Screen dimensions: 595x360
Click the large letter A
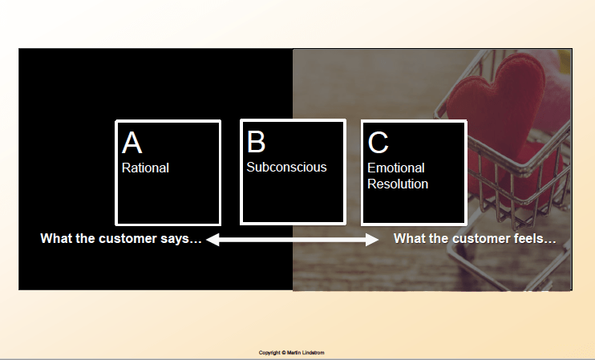[x=132, y=143]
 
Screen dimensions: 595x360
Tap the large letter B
[x=256, y=142]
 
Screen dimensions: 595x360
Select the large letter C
[x=378, y=143]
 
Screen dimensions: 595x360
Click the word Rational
[x=145, y=168]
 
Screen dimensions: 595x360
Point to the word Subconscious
[x=286, y=167]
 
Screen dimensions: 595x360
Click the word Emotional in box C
[x=396, y=168]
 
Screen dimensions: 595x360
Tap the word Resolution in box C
[x=398, y=184]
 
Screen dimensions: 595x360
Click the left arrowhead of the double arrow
[x=212, y=240]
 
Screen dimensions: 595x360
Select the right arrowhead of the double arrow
[x=372, y=240]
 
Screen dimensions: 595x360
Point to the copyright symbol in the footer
[x=283, y=353]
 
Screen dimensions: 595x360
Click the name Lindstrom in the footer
[x=314, y=353]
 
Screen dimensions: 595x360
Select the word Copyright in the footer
[x=269, y=353]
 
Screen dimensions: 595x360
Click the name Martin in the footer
[x=294, y=353]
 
